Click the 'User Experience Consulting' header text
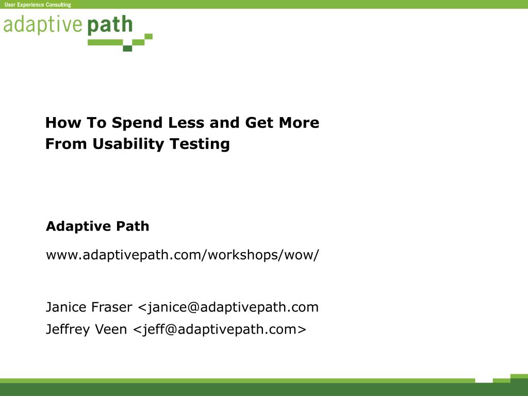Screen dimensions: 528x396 pos(38,5)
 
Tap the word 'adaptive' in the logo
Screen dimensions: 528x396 pos(43,25)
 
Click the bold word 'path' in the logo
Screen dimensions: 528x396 pos(110,25)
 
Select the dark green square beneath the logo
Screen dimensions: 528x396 pos(127,48)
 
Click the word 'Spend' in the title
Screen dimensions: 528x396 pos(137,123)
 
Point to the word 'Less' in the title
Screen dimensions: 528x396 pos(186,123)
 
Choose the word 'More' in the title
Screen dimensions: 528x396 pos(299,123)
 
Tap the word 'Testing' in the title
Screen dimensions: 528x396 pos(200,144)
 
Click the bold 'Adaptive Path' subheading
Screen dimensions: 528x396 pos(97,226)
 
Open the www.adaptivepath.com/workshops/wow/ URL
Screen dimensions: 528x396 pos(182,255)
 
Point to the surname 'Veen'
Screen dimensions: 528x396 pos(111,329)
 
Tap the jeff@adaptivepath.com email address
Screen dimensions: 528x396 pos(219,329)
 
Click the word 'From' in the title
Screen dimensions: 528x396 pos(66,144)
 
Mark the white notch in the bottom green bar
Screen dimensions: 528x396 pos(484,381)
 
